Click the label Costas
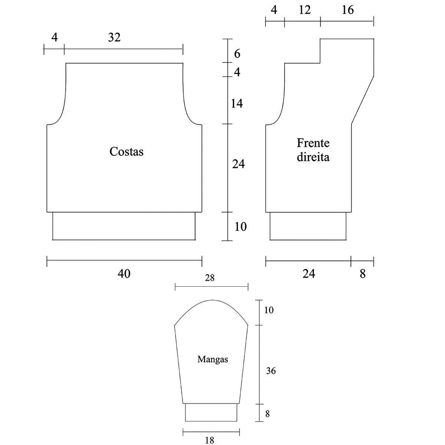pyautogui.click(x=126, y=152)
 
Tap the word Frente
pyautogui.click(x=313, y=143)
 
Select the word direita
pyautogui.click(x=313, y=157)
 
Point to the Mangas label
pyautogui.click(x=212, y=359)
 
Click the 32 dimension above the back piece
pyautogui.click(x=115, y=37)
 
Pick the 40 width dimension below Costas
pyautogui.click(x=124, y=274)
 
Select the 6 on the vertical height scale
pyautogui.click(x=237, y=54)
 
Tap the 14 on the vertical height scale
pyautogui.click(x=237, y=103)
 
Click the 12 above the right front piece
pyautogui.click(x=304, y=10)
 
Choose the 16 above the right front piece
pyautogui.click(x=347, y=10)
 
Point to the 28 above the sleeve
pyautogui.click(x=210, y=278)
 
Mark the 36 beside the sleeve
pyautogui.click(x=271, y=370)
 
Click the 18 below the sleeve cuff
pyautogui.click(x=210, y=440)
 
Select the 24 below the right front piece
pyautogui.click(x=309, y=274)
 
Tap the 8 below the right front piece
pyautogui.click(x=363, y=274)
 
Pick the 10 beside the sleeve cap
pyautogui.click(x=269, y=310)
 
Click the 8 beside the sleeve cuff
pyautogui.click(x=267, y=413)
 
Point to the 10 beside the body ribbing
pyautogui.click(x=241, y=227)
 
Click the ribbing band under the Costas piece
pyautogui.click(x=124, y=226)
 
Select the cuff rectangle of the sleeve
pyautogui.click(x=211, y=412)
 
